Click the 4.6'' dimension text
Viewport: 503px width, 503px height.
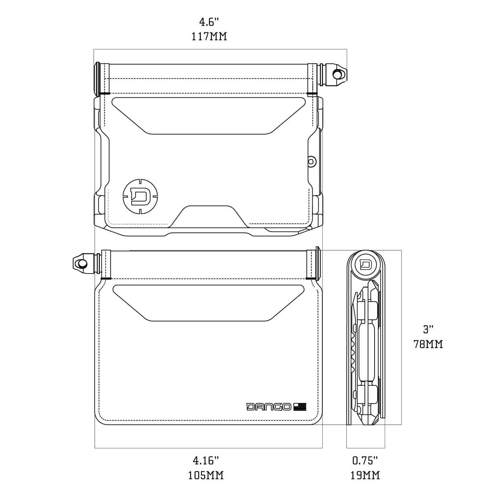click(209, 23)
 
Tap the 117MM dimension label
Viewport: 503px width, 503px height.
click(209, 37)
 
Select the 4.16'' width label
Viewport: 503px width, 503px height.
click(206, 461)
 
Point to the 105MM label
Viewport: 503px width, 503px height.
click(206, 475)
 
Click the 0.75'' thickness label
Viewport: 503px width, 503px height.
click(365, 461)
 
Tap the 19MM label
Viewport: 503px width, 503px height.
click(365, 475)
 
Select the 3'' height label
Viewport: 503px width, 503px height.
click(428, 329)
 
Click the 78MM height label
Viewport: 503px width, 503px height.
click(428, 344)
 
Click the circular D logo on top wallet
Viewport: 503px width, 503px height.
click(140, 196)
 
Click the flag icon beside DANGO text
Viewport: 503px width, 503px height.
click(300, 407)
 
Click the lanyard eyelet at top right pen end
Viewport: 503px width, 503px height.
click(337, 74)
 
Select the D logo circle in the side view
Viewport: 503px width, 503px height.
click(365, 264)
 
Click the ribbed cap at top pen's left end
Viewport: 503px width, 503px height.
click(97, 79)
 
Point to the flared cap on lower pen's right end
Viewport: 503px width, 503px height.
click(317, 263)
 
